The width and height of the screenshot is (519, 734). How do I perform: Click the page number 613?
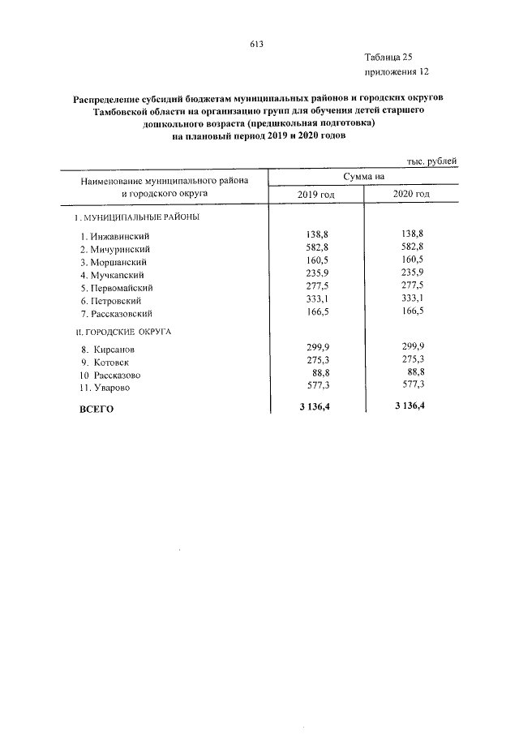tap(258, 44)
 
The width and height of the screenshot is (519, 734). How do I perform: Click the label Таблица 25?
tap(389, 57)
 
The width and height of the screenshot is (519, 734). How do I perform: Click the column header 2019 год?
tap(316, 195)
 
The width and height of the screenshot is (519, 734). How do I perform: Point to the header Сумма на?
tap(363, 176)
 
